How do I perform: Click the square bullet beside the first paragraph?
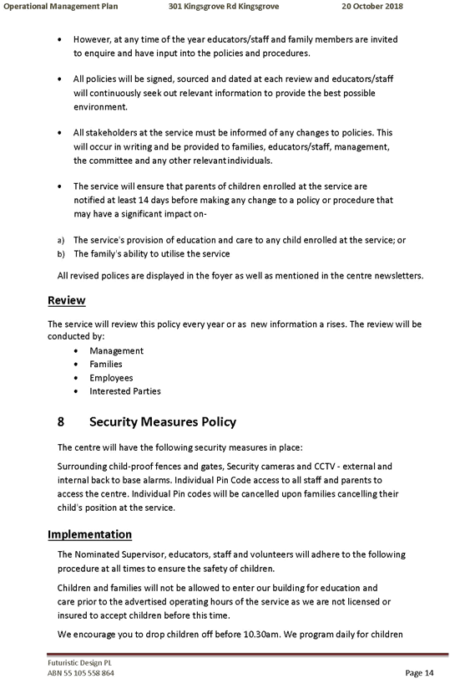(x=62, y=39)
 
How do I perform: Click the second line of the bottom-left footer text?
(x=74, y=670)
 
